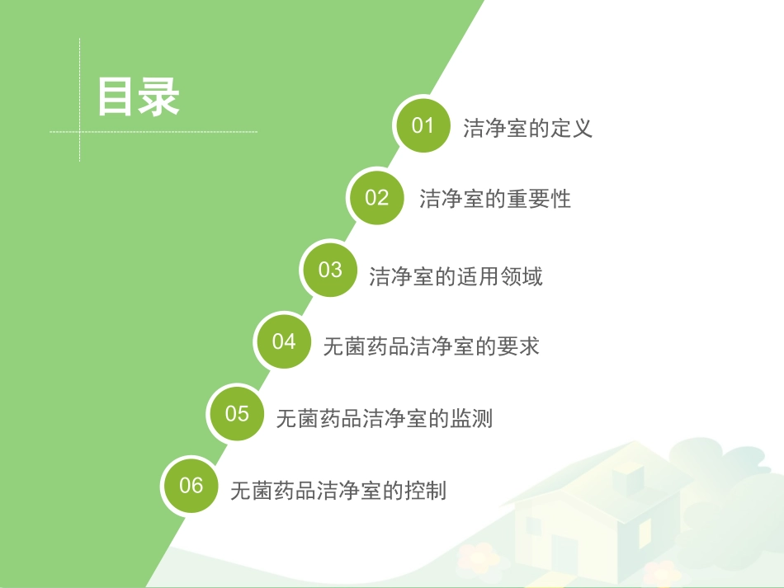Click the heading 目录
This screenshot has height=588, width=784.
(x=138, y=97)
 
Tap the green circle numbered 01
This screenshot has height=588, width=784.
(x=423, y=125)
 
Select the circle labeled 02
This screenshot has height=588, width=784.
(x=376, y=197)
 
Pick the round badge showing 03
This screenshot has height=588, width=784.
(x=330, y=270)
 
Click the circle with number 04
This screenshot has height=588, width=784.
(x=284, y=341)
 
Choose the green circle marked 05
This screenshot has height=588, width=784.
(x=237, y=413)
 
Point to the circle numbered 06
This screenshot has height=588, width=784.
(x=191, y=485)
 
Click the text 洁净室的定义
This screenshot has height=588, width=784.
(x=527, y=129)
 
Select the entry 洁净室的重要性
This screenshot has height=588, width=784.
(x=494, y=200)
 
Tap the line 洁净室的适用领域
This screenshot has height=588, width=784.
(x=456, y=276)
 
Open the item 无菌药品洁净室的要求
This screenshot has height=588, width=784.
(x=431, y=346)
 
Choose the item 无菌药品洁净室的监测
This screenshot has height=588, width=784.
(x=384, y=419)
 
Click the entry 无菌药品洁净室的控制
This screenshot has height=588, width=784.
(x=338, y=491)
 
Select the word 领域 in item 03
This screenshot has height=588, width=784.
(x=522, y=276)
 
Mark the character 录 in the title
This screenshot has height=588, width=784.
(x=159, y=97)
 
